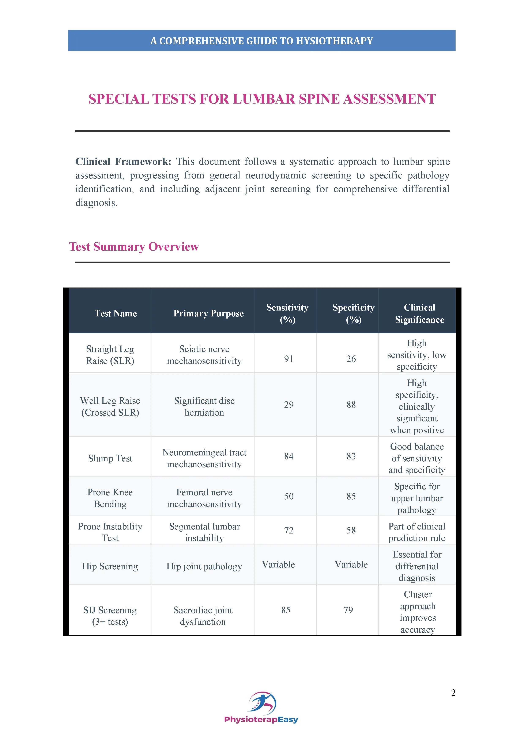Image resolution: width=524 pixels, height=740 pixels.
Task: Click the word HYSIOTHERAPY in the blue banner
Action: click(x=334, y=41)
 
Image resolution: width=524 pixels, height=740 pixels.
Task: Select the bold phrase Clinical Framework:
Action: click(x=123, y=161)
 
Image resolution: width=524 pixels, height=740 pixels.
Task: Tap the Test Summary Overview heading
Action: click(x=133, y=247)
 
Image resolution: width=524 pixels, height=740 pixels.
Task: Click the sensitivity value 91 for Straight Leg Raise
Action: click(x=289, y=359)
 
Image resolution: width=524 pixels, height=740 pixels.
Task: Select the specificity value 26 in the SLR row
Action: click(x=351, y=359)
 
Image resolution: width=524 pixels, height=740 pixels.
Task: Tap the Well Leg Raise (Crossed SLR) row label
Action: click(x=110, y=406)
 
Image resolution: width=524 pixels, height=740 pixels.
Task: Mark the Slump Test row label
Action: click(x=110, y=458)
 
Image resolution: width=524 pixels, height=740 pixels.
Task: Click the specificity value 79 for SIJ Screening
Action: click(x=348, y=610)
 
